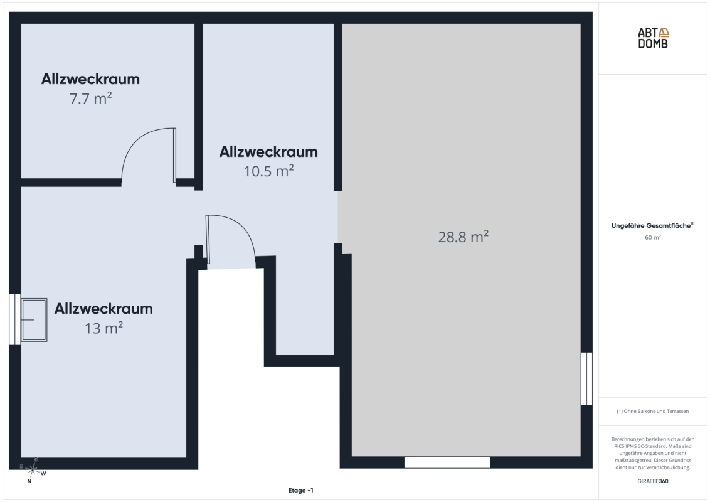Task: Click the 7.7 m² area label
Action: (90, 99)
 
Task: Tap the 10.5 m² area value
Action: (268, 171)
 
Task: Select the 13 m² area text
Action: (103, 328)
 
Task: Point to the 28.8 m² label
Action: (464, 237)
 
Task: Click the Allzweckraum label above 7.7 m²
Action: (90, 79)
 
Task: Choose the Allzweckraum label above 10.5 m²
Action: (268, 152)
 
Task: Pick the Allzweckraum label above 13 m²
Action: (103, 309)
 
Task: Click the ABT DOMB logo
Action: (653, 38)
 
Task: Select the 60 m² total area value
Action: (652, 237)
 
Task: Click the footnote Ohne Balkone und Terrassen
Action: (652, 412)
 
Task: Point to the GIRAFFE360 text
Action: (652, 481)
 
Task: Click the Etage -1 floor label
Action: (300, 490)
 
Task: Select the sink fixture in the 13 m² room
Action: (34, 320)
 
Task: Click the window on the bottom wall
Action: (447, 462)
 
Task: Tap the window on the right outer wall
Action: (587, 379)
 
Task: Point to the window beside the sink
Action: (15, 319)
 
